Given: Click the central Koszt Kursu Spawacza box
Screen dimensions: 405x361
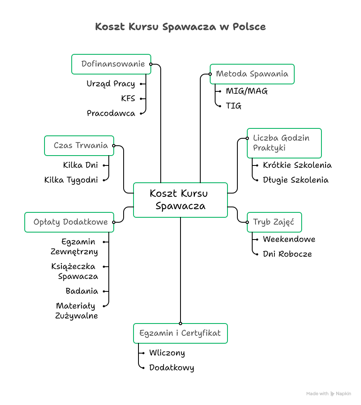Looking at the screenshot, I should (x=180, y=200).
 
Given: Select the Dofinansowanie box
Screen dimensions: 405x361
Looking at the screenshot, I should (x=111, y=64).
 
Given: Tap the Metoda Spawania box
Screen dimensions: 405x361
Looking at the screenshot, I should (x=252, y=74).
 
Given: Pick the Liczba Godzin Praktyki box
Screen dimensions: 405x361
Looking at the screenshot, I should (x=284, y=143).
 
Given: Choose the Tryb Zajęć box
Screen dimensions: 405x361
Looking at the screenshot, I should (x=274, y=222).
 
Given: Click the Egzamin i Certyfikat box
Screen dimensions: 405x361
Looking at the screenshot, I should (x=180, y=333).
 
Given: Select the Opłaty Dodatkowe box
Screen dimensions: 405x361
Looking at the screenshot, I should (x=69, y=222).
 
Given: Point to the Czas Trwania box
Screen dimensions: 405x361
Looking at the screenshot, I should (x=79, y=146).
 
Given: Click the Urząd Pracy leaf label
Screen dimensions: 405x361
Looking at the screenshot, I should (x=111, y=84).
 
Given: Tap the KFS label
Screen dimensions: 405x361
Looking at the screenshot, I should (x=128, y=99).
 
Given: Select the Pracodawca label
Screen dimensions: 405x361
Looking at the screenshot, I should (x=111, y=114).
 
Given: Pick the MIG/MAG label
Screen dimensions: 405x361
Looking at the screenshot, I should (x=247, y=91).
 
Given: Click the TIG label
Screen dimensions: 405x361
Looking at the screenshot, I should (x=234, y=106).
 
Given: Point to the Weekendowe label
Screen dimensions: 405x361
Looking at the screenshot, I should (x=289, y=240).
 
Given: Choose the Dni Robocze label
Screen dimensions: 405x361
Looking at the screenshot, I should (x=287, y=254).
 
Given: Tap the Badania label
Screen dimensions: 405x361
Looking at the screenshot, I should (x=82, y=291).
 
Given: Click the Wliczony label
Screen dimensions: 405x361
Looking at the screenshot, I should (x=167, y=353).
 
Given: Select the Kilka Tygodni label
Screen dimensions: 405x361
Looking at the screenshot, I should (x=71, y=180).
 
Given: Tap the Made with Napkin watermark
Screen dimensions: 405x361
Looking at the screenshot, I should (x=328, y=394).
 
